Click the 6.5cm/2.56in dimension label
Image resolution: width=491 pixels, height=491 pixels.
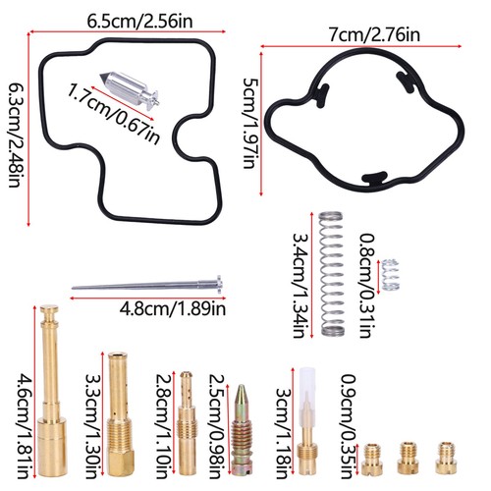coord(139,22)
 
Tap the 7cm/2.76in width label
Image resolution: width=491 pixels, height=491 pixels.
coord(374,35)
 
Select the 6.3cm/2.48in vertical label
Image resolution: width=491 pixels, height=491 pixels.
coord(17,135)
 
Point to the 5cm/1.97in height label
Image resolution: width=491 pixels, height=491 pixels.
coord(250,123)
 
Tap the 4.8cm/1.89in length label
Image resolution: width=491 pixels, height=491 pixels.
coord(173,309)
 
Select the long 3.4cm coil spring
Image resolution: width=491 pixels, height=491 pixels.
coord(332,273)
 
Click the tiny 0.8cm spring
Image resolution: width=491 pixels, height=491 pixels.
coord(391,275)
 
